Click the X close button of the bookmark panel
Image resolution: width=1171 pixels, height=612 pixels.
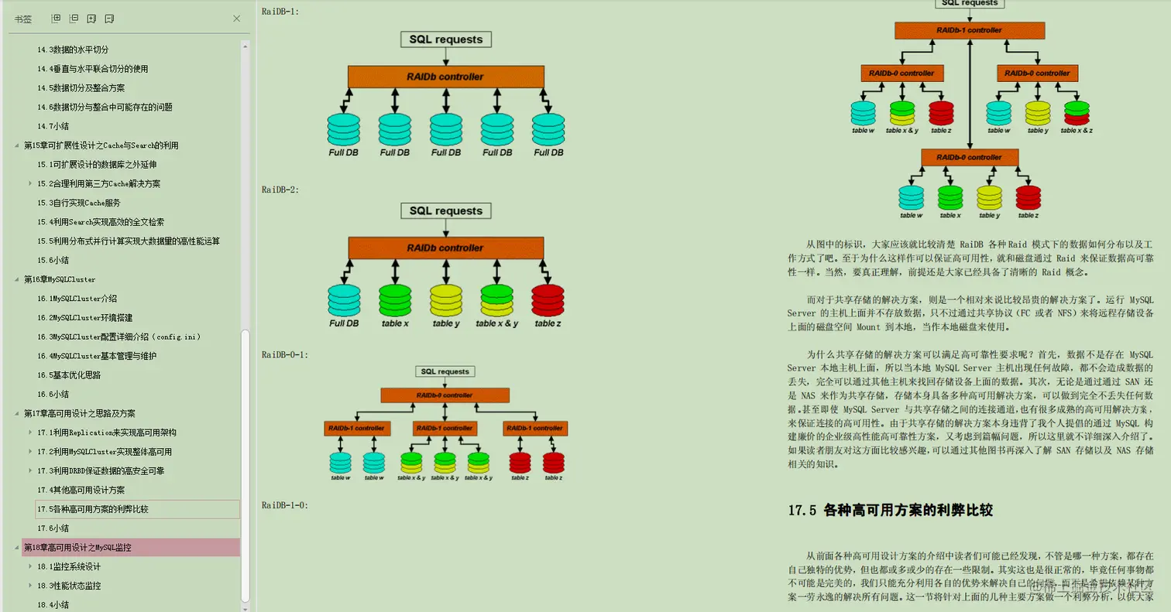237,19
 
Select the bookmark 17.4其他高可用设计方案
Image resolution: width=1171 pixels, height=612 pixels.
81,490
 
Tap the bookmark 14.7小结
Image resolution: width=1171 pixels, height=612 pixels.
53,126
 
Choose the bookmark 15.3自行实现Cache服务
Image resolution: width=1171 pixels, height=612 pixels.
78,203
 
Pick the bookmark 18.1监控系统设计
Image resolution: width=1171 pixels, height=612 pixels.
69,566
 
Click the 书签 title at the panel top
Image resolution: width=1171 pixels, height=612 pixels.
23,19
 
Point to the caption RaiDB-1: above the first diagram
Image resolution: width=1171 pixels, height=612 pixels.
280,12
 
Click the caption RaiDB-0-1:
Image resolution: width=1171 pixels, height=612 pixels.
285,355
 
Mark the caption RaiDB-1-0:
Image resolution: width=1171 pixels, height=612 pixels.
285,505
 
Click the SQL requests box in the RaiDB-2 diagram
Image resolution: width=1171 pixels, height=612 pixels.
445,210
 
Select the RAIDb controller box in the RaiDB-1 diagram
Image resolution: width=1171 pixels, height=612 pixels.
445,77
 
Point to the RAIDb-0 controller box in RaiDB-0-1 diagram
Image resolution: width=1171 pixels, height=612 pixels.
445,395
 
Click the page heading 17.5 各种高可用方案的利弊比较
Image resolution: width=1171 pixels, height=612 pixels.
890,510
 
